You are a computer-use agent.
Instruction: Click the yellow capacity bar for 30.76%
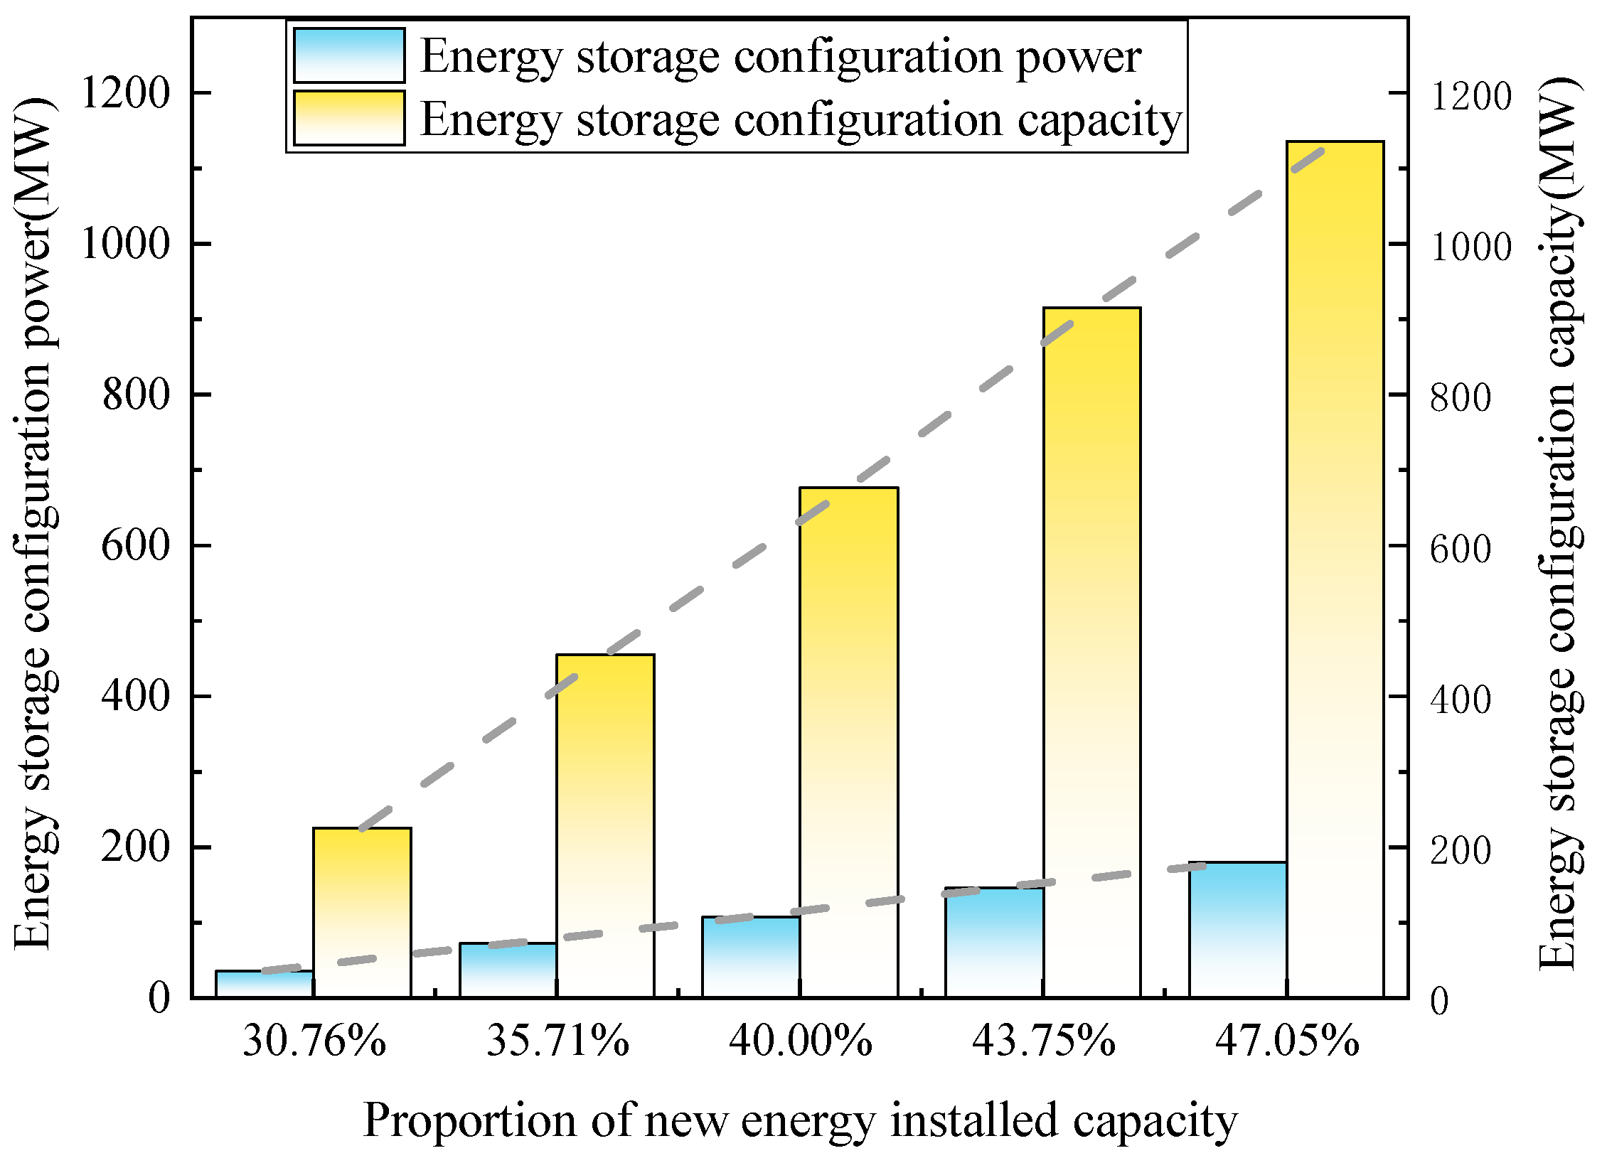click(x=362, y=917)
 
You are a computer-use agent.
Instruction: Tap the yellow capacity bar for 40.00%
click(x=848, y=746)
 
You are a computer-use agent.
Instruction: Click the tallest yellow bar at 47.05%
click(x=1335, y=569)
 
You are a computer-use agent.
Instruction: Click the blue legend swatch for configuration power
click(x=349, y=55)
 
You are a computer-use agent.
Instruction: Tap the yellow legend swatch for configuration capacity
click(x=349, y=118)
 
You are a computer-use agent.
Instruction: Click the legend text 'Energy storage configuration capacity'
click(x=801, y=119)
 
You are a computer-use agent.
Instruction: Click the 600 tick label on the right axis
click(x=1461, y=549)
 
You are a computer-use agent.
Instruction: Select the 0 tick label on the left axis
click(x=159, y=998)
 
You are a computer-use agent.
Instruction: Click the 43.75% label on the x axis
click(x=1044, y=1042)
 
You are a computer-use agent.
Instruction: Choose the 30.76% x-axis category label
click(x=314, y=1042)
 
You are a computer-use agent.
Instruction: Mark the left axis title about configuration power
click(x=34, y=525)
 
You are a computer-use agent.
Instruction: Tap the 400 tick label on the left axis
click(x=137, y=696)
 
